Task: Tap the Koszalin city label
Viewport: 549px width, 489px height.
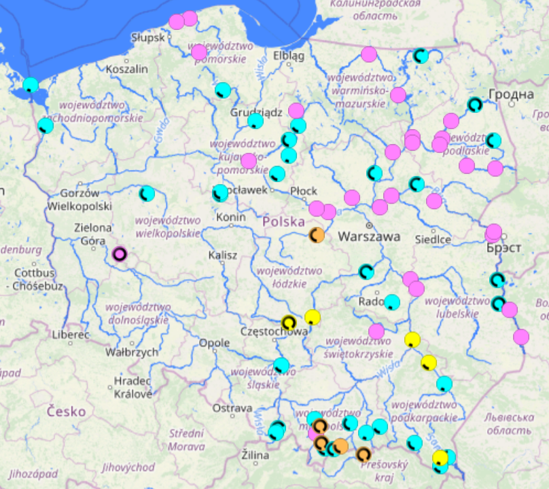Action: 127,69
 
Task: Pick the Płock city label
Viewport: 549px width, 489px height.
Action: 304,191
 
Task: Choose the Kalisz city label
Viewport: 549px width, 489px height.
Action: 224,255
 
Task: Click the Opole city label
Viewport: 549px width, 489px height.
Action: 214,343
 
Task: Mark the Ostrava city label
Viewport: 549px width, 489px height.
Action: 232,408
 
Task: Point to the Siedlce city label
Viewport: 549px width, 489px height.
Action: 433,239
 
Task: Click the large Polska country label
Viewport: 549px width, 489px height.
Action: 284,221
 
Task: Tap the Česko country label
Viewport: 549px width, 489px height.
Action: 67,411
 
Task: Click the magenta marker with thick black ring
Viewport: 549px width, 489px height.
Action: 120,254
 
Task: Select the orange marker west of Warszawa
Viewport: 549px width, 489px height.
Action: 317,235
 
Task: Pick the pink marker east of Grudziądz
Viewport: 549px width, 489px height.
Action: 296,110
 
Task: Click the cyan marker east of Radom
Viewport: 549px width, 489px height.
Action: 392,302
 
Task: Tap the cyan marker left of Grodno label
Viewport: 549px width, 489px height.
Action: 474,105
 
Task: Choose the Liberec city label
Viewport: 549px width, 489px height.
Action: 69,335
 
